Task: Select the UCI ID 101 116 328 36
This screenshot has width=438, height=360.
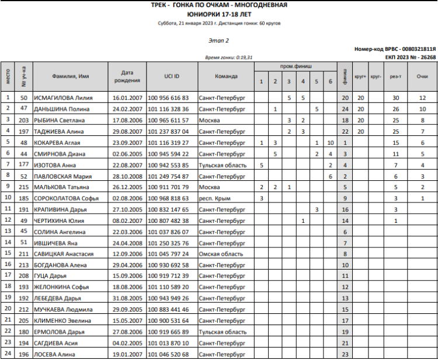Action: click(168, 109)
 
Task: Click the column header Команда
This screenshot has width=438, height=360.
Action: click(225, 76)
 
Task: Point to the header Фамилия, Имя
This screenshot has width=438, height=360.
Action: click(71, 76)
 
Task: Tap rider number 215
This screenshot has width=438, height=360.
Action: click(24, 187)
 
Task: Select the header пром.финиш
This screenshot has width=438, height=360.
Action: click(296, 67)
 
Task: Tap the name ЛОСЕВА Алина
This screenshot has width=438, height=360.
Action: click(56, 354)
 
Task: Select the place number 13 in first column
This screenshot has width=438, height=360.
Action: click(8, 231)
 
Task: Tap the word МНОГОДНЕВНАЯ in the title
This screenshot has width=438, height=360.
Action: click(258, 5)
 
